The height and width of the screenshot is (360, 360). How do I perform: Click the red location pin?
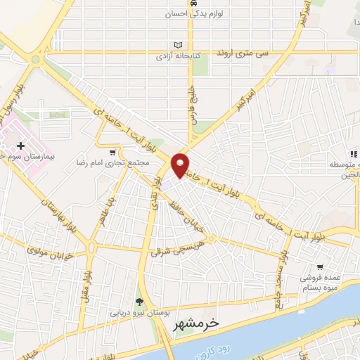tap(181, 164)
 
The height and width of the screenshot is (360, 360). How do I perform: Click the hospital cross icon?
tap(21, 146)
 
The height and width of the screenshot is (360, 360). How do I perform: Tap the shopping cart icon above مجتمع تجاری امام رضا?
tap(112, 152)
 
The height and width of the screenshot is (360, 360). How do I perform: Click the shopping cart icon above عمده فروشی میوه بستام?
tap(320, 267)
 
